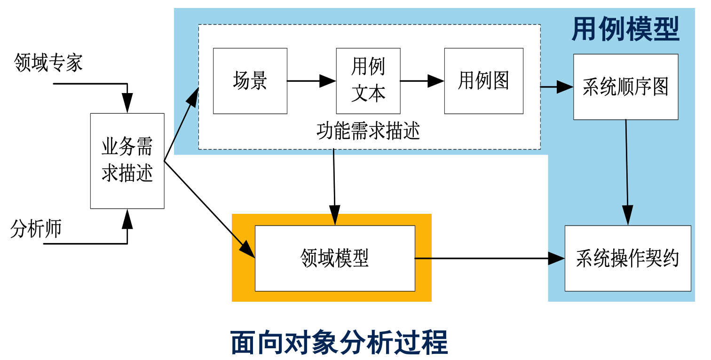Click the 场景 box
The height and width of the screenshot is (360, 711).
(x=250, y=81)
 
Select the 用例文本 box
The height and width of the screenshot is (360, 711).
(x=368, y=81)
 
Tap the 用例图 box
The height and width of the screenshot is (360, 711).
(x=483, y=81)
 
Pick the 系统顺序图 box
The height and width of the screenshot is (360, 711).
(x=625, y=87)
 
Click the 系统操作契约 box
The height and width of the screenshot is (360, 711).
(x=628, y=258)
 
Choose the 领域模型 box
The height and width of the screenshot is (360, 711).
(x=335, y=258)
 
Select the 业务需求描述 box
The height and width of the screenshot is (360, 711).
(x=127, y=161)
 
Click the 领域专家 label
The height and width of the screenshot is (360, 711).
(x=48, y=63)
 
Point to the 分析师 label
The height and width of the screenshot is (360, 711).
(x=36, y=229)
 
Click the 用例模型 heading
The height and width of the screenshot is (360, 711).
(x=625, y=30)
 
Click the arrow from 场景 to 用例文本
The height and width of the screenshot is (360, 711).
(x=311, y=81)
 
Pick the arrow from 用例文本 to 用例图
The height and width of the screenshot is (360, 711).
(x=422, y=81)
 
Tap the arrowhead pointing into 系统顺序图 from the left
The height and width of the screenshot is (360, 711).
(x=566, y=87)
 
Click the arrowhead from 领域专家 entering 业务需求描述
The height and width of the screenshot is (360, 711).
(x=127, y=103)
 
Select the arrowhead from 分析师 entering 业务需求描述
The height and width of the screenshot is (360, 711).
(x=127, y=219)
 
